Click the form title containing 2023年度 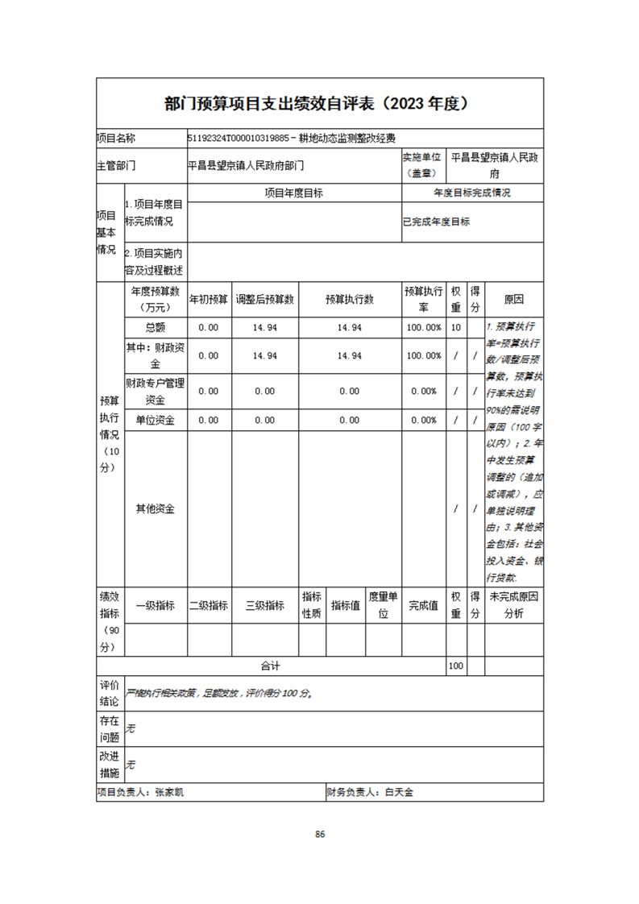319,104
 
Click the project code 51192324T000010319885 237,138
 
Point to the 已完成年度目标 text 436,222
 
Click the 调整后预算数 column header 264,299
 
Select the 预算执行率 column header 424,299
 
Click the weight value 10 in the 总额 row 456,327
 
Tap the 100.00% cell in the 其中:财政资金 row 424,355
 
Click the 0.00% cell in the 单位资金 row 424,420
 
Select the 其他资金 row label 155,509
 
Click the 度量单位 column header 384,606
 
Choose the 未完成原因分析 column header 513,606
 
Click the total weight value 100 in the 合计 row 456,666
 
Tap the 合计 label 269,666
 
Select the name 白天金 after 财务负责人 398,793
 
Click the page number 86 320,834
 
